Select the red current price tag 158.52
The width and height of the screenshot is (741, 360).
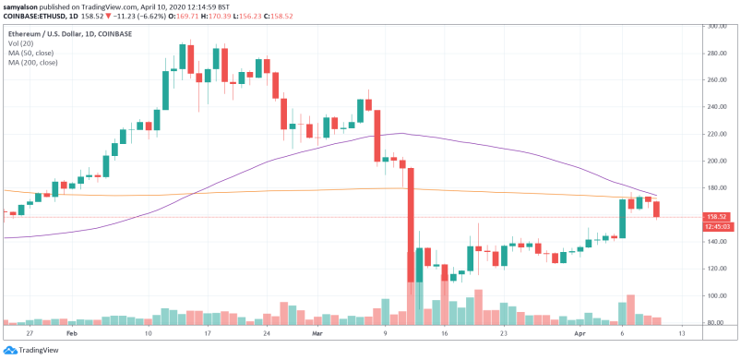tap(719, 217)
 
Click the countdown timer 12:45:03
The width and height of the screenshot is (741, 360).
tap(719, 226)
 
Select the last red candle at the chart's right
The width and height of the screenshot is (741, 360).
tap(656, 210)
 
